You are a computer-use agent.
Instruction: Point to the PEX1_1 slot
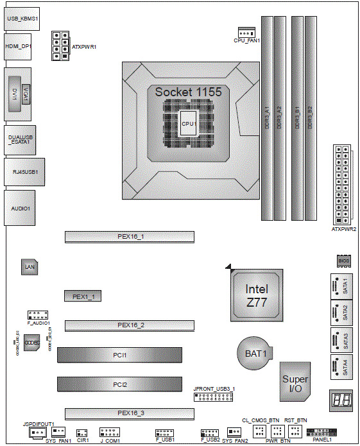point(83,296)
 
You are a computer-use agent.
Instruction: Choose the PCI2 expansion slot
point(120,384)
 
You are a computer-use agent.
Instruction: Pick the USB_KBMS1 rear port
point(22,20)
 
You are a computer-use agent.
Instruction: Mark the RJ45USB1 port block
point(24,172)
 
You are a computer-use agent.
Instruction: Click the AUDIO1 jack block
point(21,208)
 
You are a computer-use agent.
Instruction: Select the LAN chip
point(29,266)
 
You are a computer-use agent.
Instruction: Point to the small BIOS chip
point(342,261)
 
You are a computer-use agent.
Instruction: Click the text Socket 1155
point(188,92)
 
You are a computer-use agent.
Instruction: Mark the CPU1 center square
point(188,123)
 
